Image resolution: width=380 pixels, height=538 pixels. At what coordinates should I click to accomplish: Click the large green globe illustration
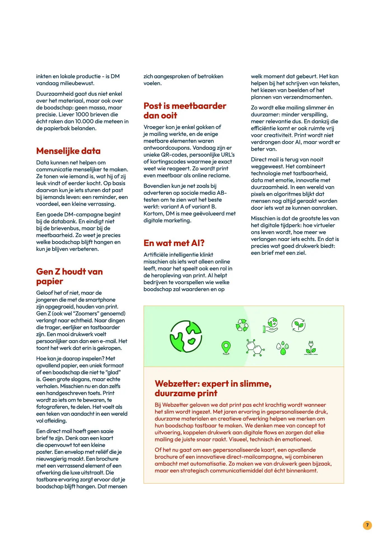click(x=186, y=336)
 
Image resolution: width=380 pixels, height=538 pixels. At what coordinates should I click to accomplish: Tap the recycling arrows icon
click(x=242, y=325)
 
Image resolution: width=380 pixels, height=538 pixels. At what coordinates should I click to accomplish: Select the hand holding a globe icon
click(x=271, y=325)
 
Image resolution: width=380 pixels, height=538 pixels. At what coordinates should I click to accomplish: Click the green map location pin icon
click(x=226, y=347)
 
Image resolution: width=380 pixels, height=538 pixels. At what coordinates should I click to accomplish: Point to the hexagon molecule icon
click(x=255, y=348)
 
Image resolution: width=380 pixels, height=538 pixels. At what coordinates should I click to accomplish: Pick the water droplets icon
click(x=283, y=348)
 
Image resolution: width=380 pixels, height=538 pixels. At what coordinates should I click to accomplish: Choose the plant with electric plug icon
click(x=311, y=348)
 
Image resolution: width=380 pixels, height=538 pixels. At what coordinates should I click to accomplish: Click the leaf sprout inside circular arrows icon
click(x=299, y=325)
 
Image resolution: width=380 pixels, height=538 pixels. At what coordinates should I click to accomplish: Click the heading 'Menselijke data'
click(x=68, y=151)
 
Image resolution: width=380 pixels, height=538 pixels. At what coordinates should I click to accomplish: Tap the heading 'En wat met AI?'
click(x=174, y=243)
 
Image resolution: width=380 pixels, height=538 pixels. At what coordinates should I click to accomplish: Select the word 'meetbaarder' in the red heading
click(x=199, y=106)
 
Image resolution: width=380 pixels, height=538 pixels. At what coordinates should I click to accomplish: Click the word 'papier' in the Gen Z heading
click(x=50, y=281)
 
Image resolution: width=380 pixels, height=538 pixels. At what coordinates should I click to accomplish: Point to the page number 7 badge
click(x=367, y=525)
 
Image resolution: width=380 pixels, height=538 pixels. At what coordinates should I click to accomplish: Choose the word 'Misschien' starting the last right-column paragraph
click(x=264, y=218)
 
